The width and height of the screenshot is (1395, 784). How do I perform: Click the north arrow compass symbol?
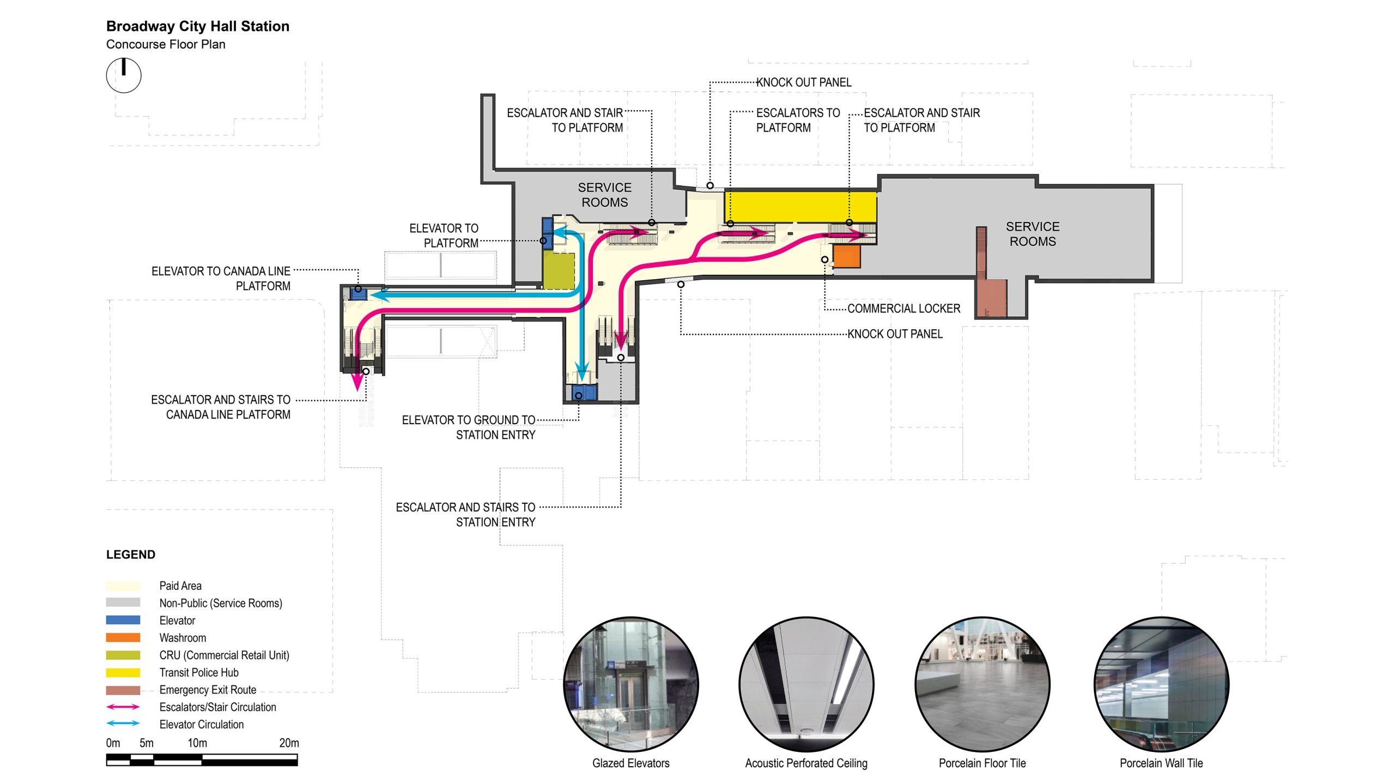pyautogui.click(x=124, y=75)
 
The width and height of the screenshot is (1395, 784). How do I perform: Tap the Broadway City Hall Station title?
pyautogui.click(x=197, y=26)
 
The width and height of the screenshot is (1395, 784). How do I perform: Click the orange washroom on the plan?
pyautogui.click(x=847, y=256)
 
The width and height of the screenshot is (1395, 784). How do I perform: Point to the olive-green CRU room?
pyautogui.click(x=559, y=270)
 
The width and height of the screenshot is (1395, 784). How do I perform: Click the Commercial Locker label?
pyautogui.click(x=903, y=309)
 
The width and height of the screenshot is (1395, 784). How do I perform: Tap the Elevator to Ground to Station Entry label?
pyautogui.click(x=468, y=427)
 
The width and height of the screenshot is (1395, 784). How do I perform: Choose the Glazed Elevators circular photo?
pyautogui.click(x=630, y=684)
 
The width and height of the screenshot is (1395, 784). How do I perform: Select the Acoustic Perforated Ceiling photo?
pyautogui.click(x=806, y=684)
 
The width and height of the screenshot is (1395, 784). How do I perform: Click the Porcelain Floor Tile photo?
pyautogui.click(x=982, y=684)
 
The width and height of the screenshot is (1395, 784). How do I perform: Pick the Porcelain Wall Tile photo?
pyautogui.click(x=1161, y=684)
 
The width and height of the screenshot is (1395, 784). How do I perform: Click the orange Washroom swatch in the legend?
pyautogui.click(x=123, y=637)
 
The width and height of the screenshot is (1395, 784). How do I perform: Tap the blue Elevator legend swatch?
pyautogui.click(x=123, y=620)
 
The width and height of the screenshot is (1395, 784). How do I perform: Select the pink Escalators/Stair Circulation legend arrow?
pyautogui.click(x=123, y=707)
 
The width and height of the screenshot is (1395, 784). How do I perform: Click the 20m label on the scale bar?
pyautogui.click(x=289, y=743)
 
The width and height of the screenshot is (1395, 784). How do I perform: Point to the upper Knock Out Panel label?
pyautogui.click(x=803, y=82)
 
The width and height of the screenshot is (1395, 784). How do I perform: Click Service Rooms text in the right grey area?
pyautogui.click(x=1032, y=234)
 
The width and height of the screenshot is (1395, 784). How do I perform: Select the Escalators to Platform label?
pyautogui.click(x=797, y=120)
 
